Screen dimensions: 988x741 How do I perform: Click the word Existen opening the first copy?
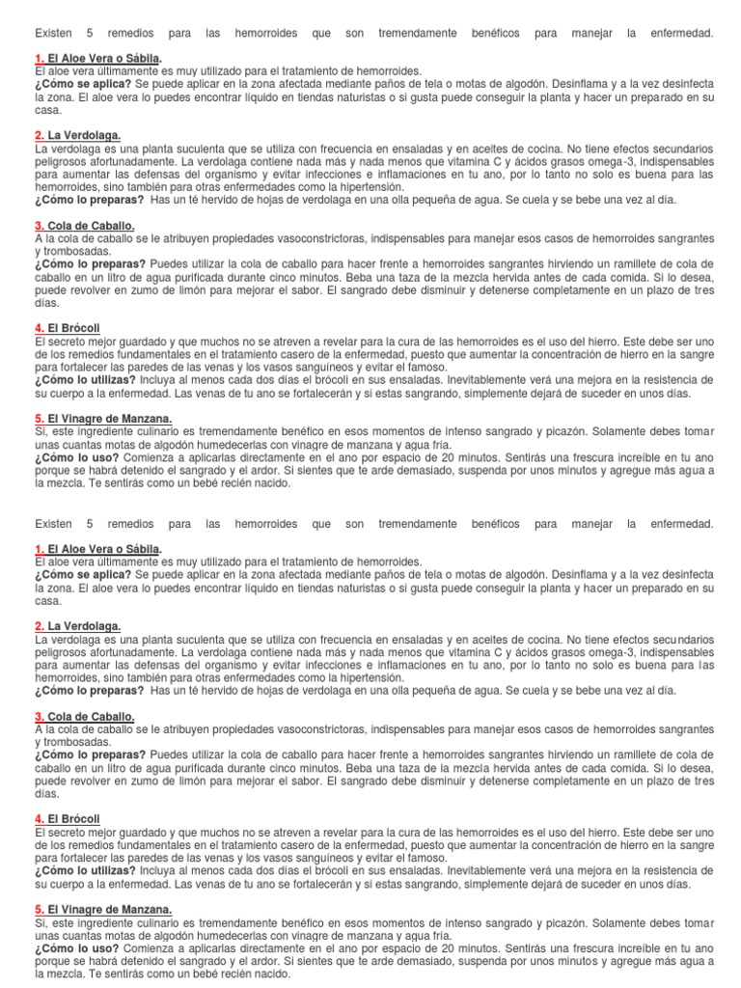[55, 34]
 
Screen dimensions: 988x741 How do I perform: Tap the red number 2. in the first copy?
[40, 136]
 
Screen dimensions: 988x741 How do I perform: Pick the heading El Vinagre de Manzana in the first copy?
[110, 419]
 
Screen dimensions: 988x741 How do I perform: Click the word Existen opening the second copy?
[55, 523]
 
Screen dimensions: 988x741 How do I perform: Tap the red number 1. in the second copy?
[40, 549]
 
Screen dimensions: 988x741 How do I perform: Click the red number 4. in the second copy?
[40, 818]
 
